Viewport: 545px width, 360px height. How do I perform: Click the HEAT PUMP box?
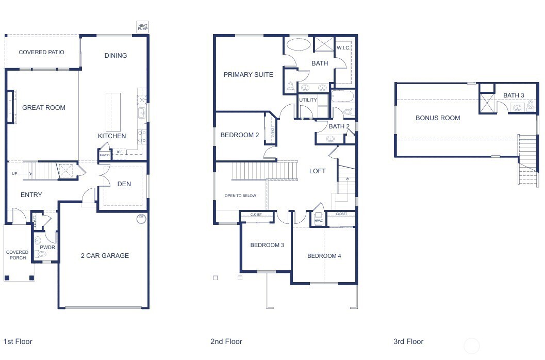click(x=142, y=27)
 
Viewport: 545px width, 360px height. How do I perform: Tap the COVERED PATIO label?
click(x=41, y=52)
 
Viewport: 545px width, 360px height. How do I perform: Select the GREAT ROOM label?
click(x=44, y=108)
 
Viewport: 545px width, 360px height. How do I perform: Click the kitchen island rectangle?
click(x=113, y=111)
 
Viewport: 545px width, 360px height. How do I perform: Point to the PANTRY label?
click(x=105, y=155)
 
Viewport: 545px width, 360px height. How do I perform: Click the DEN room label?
click(x=124, y=184)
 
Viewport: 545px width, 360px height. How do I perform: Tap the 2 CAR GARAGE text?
click(x=105, y=256)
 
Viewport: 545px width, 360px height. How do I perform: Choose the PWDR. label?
click(x=47, y=248)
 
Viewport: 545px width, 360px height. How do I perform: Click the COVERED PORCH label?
click(x=17, y=255)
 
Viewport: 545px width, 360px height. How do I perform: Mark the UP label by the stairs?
click(x=14, y=174)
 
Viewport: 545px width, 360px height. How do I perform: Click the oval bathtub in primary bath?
click(x=299, y=44)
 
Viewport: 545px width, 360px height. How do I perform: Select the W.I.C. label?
click(x=343, y=48)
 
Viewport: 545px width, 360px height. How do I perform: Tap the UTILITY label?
click(x=308, y=100)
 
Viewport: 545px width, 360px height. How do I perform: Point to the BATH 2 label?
click(x=339, y=126)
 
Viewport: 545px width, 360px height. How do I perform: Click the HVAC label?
click(x=318, y=221)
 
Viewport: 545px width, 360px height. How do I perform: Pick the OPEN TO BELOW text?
click(x=240, y=196)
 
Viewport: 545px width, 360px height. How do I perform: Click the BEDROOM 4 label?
click(x=324, y=256)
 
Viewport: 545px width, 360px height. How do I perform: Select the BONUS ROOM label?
click(x=438, y=118)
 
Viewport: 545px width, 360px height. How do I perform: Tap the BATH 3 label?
click(x=514, y=95)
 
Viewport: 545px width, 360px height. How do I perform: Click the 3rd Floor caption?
click(x=408, y=341)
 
